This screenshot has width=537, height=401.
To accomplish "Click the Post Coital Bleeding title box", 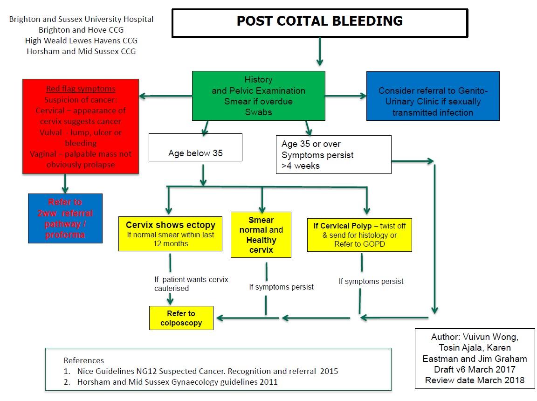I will pyautogui.click(x=319, y=22).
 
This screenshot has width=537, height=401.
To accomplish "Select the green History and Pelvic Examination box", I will pyautogui.click(x=259, y=96).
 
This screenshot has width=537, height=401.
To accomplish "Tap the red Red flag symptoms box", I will pyautogui.click(x=81, y=126).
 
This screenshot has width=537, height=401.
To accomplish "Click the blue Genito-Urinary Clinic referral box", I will pyautogui.click(x=433, y=96).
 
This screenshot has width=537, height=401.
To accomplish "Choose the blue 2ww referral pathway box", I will pyautogui.click(x=65, y=218).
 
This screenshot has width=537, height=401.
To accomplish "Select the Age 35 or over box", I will pyautogui.click(x=333, y=154).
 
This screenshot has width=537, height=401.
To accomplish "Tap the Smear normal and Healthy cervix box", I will pyautogui.click(x=261, y=235).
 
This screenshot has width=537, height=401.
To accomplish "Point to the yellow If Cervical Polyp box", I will pyautogui.click(x=359, y=235).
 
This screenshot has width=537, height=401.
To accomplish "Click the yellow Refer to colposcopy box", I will pyautogui.click(x=181, y=318).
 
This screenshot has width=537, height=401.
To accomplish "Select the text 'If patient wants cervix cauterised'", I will pyautogui.click(x=191, y=284).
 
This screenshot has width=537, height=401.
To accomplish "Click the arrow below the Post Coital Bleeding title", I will pyautogui.click(x=319, y=52).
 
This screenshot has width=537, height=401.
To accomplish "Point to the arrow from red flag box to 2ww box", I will pyautogui.click(x=65, y=184).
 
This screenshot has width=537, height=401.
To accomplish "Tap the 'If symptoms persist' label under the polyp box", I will pyautogui.click(x=371, y=281).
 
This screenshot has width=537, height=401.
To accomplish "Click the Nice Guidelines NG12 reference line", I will pyautogui.click(x=201, y=371).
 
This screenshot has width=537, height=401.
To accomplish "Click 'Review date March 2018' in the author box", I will pyautogui.click(x=475, y=380).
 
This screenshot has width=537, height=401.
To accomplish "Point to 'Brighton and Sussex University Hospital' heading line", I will pyautogui.click(x=81, y=20).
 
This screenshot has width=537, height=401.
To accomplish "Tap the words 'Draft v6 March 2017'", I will pyautogui.click(x=475, y=369).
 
